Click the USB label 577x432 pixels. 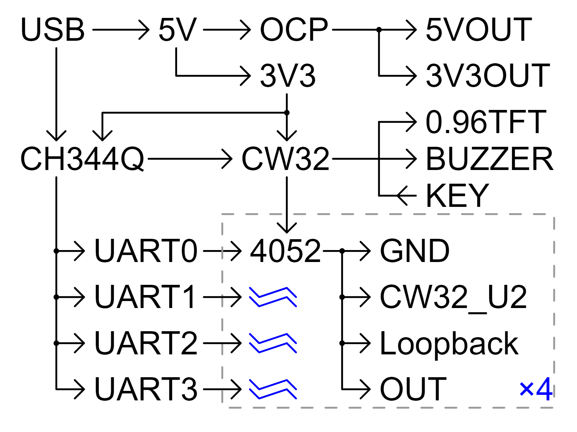(x=53, y=30)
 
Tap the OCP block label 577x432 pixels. (x=294, y=30)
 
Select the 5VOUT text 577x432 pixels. (x=479, y=30)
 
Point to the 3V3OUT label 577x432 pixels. (x=488, y=76)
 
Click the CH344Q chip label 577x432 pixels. (x=82, y=159)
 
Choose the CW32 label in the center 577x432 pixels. (x=286, y=159)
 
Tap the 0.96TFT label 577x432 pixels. (x=486, y=122)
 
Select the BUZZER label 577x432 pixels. (x=490, y=159)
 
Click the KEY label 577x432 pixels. (x=457, y=196)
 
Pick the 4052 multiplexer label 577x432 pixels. (x=286, y=251)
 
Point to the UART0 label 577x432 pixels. (x=146, y=251)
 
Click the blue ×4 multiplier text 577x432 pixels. (x=536, y=389)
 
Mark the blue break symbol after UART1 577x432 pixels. (x=273, y=297)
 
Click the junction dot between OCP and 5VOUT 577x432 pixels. (x=379, y=30)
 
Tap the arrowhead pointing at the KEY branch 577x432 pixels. (x=402, y=196)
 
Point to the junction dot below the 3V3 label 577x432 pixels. (x=287, y=113)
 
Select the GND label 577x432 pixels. (x=414, y=251)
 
